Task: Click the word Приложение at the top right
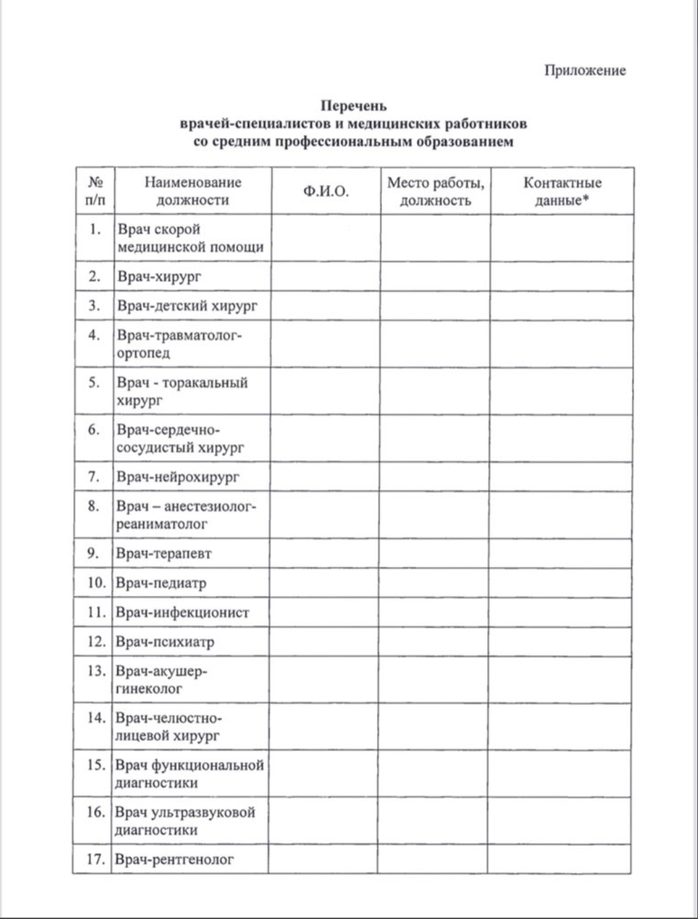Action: pos(585,71)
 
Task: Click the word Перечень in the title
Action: pos(353,106)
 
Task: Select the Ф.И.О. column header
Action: pos(326,192)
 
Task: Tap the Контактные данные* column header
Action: pos(562,192)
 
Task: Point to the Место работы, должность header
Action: pos(435,192)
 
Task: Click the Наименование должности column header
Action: pos(192,191)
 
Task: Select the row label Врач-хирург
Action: pos(159,277)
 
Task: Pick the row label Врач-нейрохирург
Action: pos(178,477)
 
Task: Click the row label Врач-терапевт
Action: pos(164,554)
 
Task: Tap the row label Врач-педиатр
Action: pos(161,583)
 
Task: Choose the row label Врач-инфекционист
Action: pos(182,612)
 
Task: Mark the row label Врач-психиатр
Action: pos(165,642)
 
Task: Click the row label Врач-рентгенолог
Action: pos(175,859)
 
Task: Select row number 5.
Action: pos(94,382)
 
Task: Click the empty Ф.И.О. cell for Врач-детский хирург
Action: pos(326,306)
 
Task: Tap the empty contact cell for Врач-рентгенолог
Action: pos(559,859)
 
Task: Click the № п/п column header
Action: pos(95,191)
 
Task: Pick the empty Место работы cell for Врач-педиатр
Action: pos(434,583)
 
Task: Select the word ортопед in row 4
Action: pos(144,353)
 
